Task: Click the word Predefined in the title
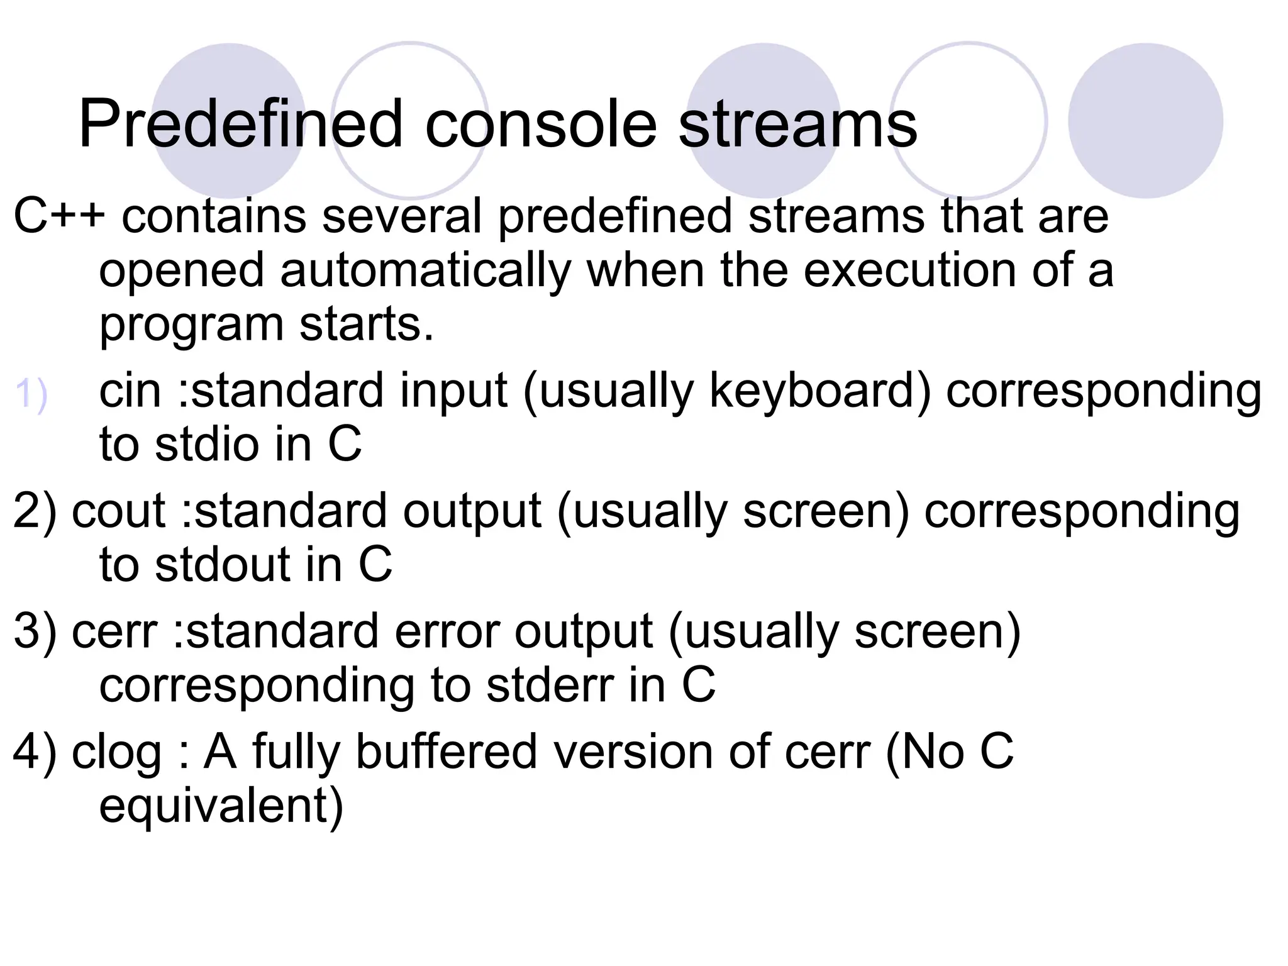pos(240,125)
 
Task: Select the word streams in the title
pos(797,125)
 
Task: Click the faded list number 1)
pos(31,395)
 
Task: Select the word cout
pos(118,510)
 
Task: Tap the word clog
pos(117,752)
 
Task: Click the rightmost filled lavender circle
pos(1145,120)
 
